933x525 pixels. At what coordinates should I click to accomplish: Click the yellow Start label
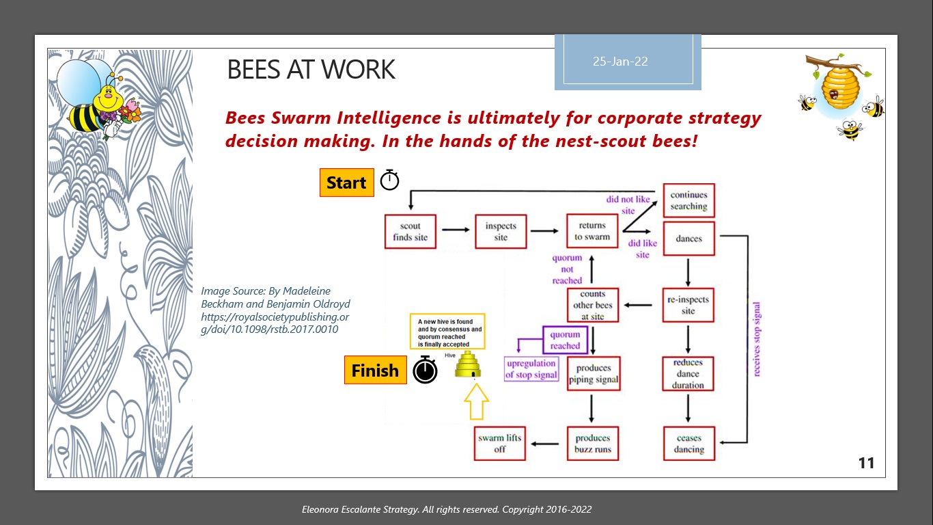pyautogui.click(x=346, y=183)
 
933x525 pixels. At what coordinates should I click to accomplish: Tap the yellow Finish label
pyautogui.click(x=375, y=371)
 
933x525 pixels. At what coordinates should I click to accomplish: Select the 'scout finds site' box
pyautogui.click(x=410, y=232)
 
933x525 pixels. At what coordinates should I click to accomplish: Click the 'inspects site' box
pyautogui.click(x=501, y=232)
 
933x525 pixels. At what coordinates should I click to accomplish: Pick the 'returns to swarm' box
pyautogui.click(x=592, y=231)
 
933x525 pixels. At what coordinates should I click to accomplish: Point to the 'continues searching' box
pyautogui.click(x=688, y=201)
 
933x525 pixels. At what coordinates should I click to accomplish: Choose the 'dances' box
pyautogui.click(x=688, y=239)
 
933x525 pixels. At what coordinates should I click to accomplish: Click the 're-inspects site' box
pyautogui.click(x=688, y=305)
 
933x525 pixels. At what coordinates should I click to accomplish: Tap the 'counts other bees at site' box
pyautogui.click(x=593, y=305)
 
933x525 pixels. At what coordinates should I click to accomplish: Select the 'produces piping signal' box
pyautogui.click(x=593, y=374)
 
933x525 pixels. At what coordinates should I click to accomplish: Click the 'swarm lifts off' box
pyautogui.click(x=500, y=444)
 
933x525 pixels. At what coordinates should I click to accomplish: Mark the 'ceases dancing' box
pyautogui.click(x=688, y=444)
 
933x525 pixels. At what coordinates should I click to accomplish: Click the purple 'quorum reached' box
pyautogui.click(x=565, y=340)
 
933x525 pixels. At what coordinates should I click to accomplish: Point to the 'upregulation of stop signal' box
pyautogui.click(x=531, y=369)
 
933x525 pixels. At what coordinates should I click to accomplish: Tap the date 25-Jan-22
pyautogui.click(x=620, y=62)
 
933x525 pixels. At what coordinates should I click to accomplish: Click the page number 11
pyautogui.click(x=866, y=463)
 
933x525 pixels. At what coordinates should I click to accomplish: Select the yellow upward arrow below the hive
pyautogui.click(x=477, y=401)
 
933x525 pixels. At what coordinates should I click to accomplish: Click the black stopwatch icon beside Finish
pyautogui.click(x=425, y=371)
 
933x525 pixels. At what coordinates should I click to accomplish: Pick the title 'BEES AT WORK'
pyautogui.click(x=311, y=70)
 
